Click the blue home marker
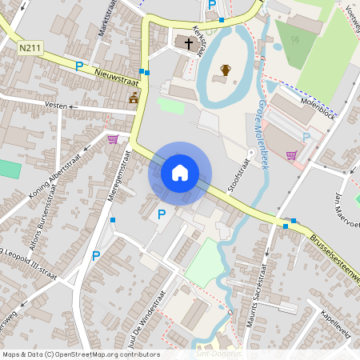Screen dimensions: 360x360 (x=180, y=172)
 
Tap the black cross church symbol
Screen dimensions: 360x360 (x=189, y=42)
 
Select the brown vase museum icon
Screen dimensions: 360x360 (x=226, y=70)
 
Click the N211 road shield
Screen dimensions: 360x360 (x=30, y=49)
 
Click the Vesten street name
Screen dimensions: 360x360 (x=55, y=105)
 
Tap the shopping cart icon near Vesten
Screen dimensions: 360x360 (x=114, y=139)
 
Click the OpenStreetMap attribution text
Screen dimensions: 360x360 (x=80, y=354)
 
